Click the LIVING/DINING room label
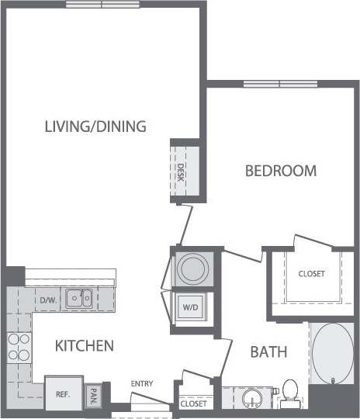pyautogui.click(x=95, y=126)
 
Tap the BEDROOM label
pyautogui.click(x=280, y=171)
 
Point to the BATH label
pyautogui.click(x=268, y=351)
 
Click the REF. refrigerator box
pyautogui.click(x=63, y=393)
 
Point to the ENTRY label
pyautogui.click(x=141, y=383)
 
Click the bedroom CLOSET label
pyautogui.click(x=311, y=274)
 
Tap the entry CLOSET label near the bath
pyautogui.click(x=193, y=404)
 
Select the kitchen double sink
pyautogui.click(x=78, y=296)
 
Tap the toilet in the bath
pyautogui.click(x=291, y=393)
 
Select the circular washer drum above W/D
pyautogui.click(x=190, y=268)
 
